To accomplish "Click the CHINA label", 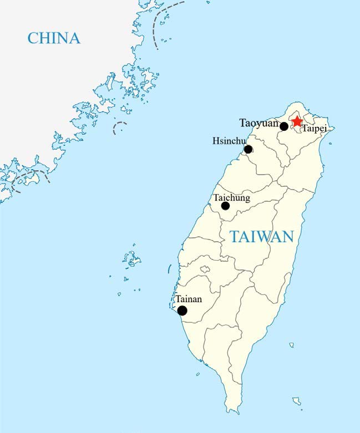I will click(x=54, y=38).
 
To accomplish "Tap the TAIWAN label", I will click(x=261, y=237).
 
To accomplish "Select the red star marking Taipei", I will click(x=297, y=121).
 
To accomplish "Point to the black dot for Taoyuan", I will click(x=284, y=126).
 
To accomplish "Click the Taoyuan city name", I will click(x=258, y=123).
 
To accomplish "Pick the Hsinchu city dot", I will click(x=248, y=149).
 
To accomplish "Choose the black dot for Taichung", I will click(x=225, y=206).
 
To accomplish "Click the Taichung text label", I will click(x=232, y=197).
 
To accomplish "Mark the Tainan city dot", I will click(x=182, y=310).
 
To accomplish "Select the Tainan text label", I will click(x=189, y=299).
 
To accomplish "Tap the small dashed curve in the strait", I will click(x=119, y=128).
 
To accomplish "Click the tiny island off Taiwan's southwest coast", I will click(x=198, y=375).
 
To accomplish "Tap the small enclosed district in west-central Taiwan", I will click(x=205, y=269).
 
